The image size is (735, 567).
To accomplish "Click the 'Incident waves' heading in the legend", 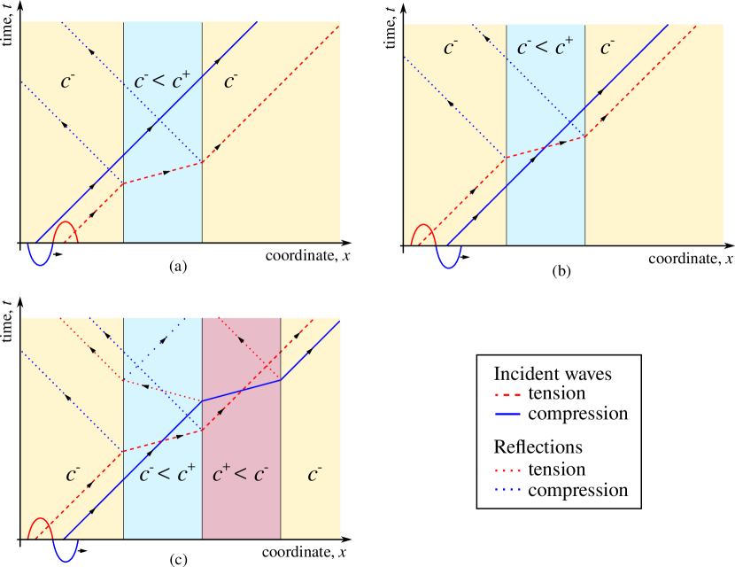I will [552, 374].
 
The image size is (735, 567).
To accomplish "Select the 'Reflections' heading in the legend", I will [538, 447].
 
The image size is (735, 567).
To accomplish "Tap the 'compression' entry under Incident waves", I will [577, 414].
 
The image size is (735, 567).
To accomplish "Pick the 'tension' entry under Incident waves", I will [556, 394].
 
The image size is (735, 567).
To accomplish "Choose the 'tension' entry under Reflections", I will [556, 470].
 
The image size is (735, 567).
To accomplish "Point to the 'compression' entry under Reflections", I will [577, 490].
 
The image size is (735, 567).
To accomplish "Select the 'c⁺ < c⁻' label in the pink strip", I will [241, 474].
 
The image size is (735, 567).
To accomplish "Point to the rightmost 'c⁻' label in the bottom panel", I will [314, 474].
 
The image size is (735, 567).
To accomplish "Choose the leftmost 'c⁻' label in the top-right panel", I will [450, 48].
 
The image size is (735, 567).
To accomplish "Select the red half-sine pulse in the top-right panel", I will [422, 234].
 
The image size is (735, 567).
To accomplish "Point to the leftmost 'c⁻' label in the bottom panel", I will [73, 474].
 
